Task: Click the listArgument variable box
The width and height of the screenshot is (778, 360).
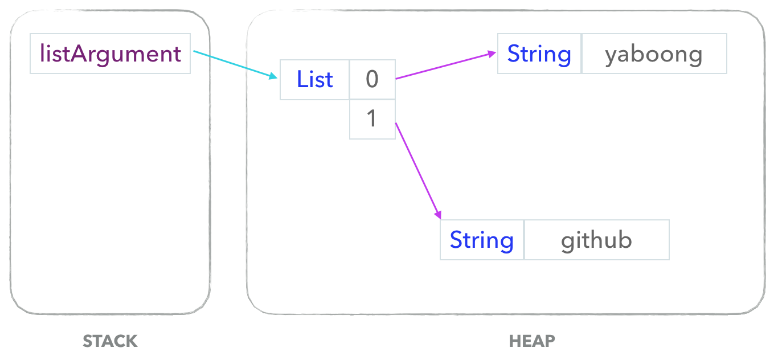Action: [110, 54]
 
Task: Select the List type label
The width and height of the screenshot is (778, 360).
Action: [314, 80]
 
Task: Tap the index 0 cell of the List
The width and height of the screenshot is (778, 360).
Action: [372, 80]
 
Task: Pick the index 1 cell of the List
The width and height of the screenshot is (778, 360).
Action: [372, 119]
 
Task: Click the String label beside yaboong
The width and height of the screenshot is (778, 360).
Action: [539, 55]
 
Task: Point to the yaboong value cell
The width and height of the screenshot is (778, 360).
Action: [654, 54]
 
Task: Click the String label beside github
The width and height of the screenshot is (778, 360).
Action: [482, 241]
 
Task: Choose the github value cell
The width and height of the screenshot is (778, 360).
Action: [597, 240]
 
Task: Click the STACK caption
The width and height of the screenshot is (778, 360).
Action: [110, 341]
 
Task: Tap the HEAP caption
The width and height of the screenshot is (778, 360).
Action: [532, 341]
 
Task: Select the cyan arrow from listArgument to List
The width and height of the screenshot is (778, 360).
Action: [235, 65]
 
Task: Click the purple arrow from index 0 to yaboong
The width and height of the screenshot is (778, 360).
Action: [446, 66]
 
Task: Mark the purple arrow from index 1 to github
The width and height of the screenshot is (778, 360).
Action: [419, 171]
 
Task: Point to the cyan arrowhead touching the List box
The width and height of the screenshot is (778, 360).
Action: [273, 76]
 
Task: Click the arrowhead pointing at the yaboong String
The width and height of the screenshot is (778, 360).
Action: [492, 54]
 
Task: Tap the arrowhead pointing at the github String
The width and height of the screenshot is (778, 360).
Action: [439, 215]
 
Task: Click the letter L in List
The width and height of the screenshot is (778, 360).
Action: [302, 79]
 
